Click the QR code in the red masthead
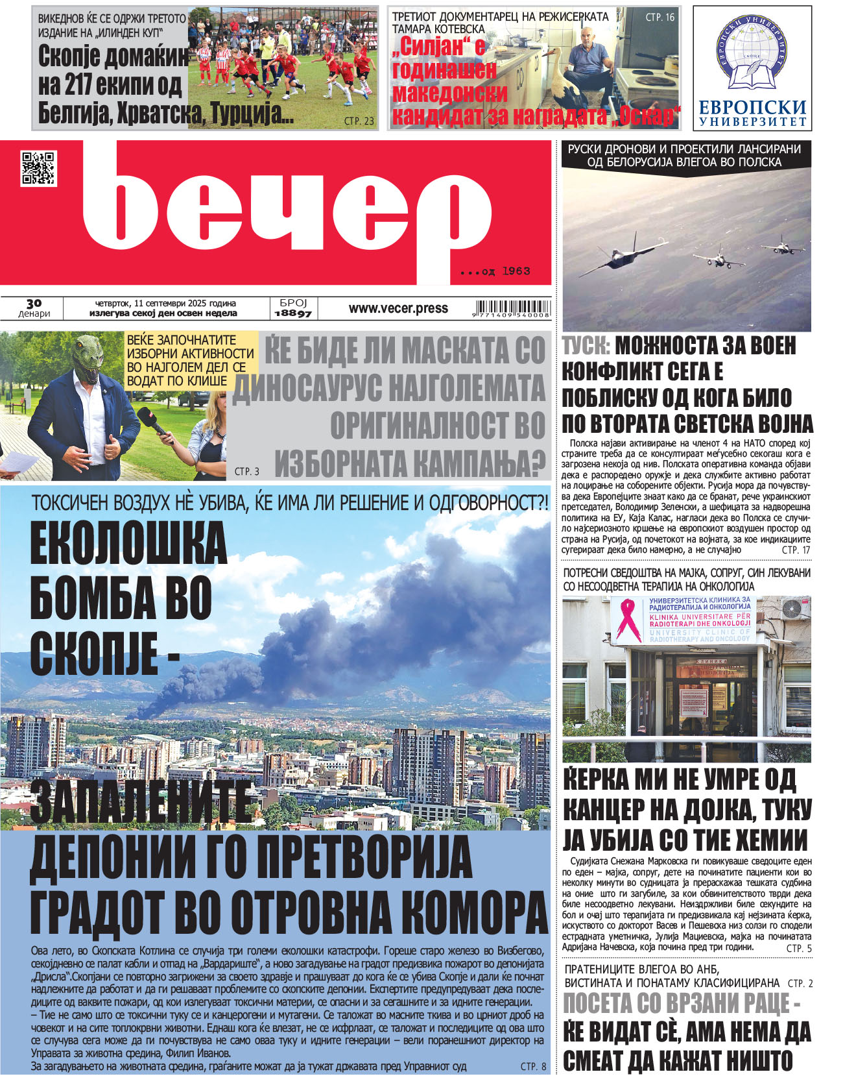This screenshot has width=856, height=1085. click(38, 168)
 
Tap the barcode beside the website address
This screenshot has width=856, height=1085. click(513, 309)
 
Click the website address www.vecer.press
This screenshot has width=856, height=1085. click(398, 309)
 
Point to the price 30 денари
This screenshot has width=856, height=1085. click(34, 308)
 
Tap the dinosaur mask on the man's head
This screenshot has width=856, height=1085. click(89, 360)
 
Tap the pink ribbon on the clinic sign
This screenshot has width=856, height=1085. click(628, 619)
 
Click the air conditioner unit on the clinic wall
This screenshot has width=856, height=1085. click(794, 608)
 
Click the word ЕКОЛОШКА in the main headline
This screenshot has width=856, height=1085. click(128, 544)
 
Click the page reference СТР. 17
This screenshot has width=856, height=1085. click(796, 550)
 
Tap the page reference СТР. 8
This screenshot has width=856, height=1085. click(533, 1066)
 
